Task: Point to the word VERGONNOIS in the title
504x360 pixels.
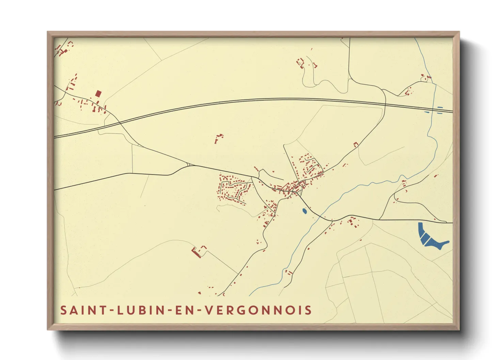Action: [x=259, y=310]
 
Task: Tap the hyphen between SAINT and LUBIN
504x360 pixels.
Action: [x=110, y=311]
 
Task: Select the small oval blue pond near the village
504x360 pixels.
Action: [x=304, y=211]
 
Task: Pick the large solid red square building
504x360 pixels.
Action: [x=98, y=94]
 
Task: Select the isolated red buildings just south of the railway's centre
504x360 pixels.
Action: [x=218, y=138]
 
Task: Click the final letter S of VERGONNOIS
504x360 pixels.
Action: [x=308, y=310]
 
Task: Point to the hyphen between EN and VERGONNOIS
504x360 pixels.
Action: [x=200, y=311]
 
